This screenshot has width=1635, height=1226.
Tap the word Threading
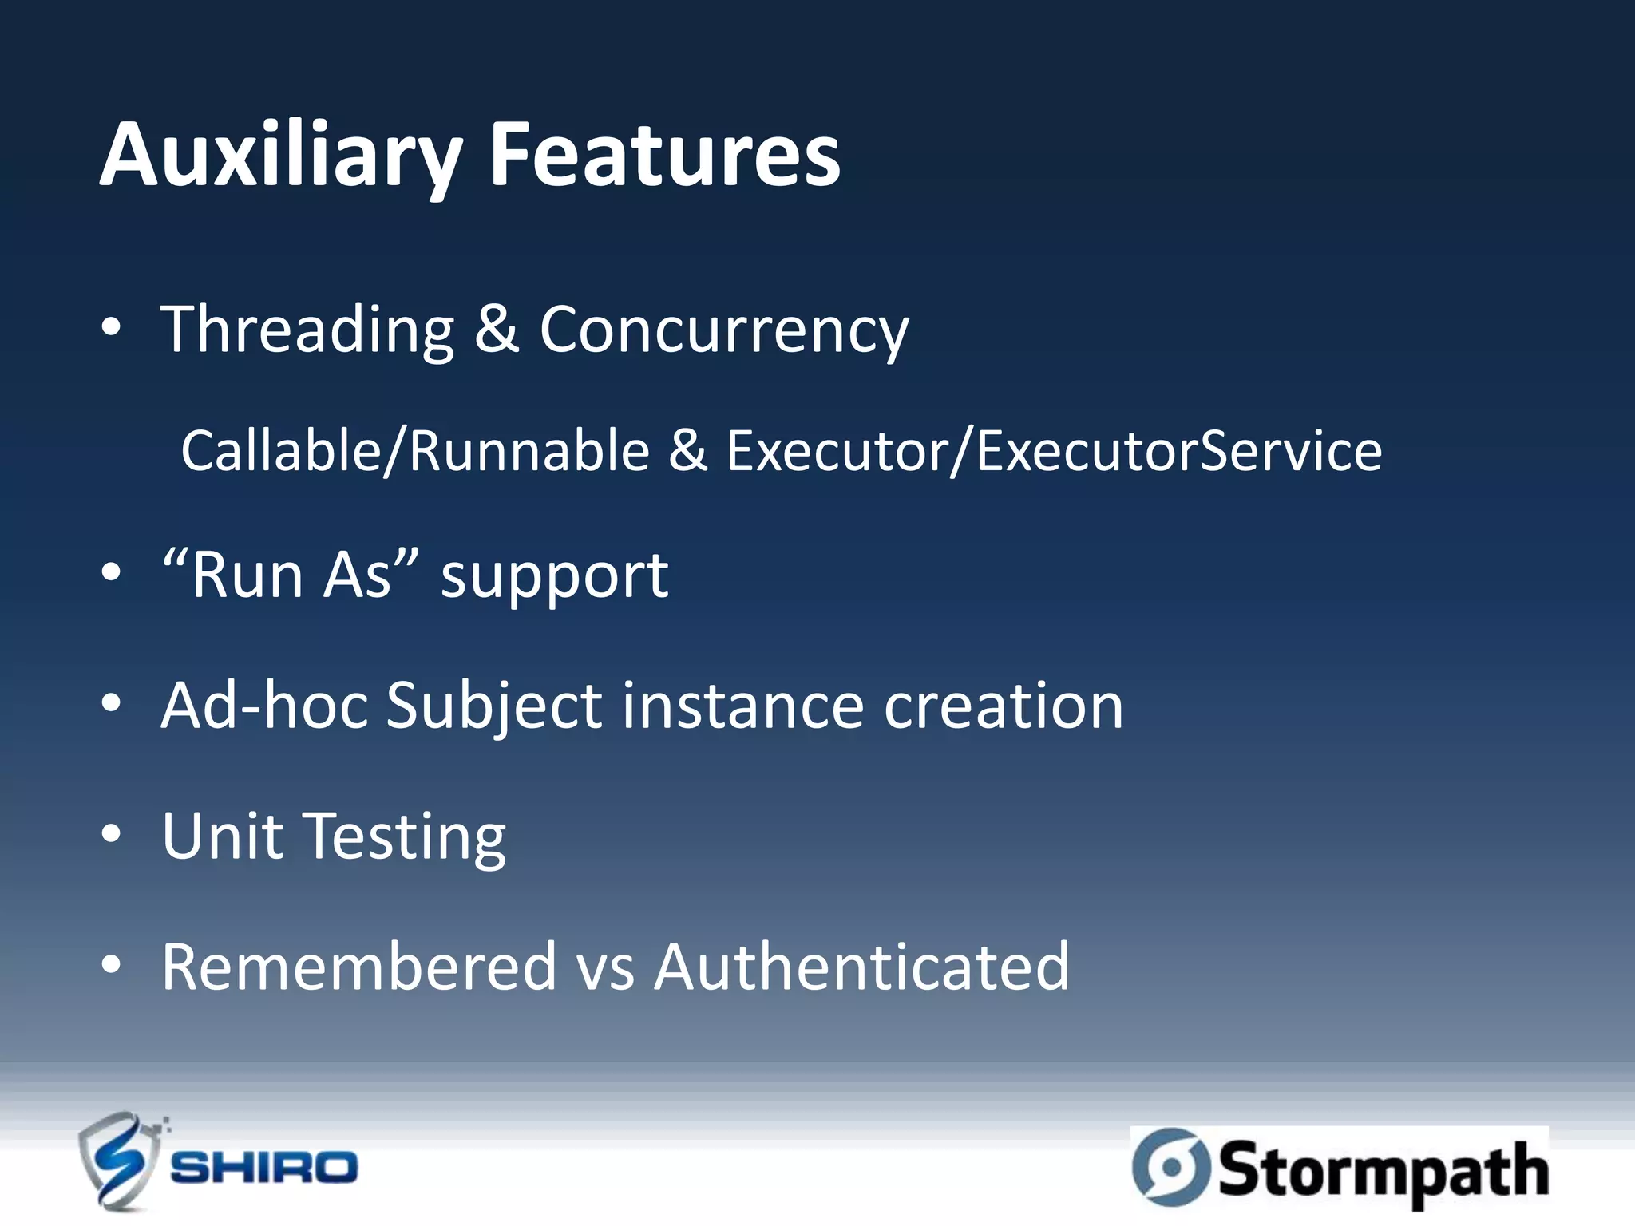click(x=307, y=330)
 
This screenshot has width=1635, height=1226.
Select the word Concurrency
click(x=724, y=330)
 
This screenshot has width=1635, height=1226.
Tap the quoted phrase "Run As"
click(x=290, y=575)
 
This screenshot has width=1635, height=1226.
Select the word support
click(x=554, y=576)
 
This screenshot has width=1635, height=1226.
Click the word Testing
click(x=406, y=836)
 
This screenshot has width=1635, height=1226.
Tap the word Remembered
click(x=358, y=967)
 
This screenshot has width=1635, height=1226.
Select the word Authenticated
click(x=861, y=967)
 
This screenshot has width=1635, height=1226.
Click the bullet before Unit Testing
click(x=112, y=835)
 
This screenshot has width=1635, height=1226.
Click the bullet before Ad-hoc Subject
click(x=112, y=704)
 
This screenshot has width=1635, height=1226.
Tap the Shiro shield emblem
click(x=120, y=1161)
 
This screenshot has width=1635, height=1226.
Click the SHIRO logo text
click(x=264, y=1169)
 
